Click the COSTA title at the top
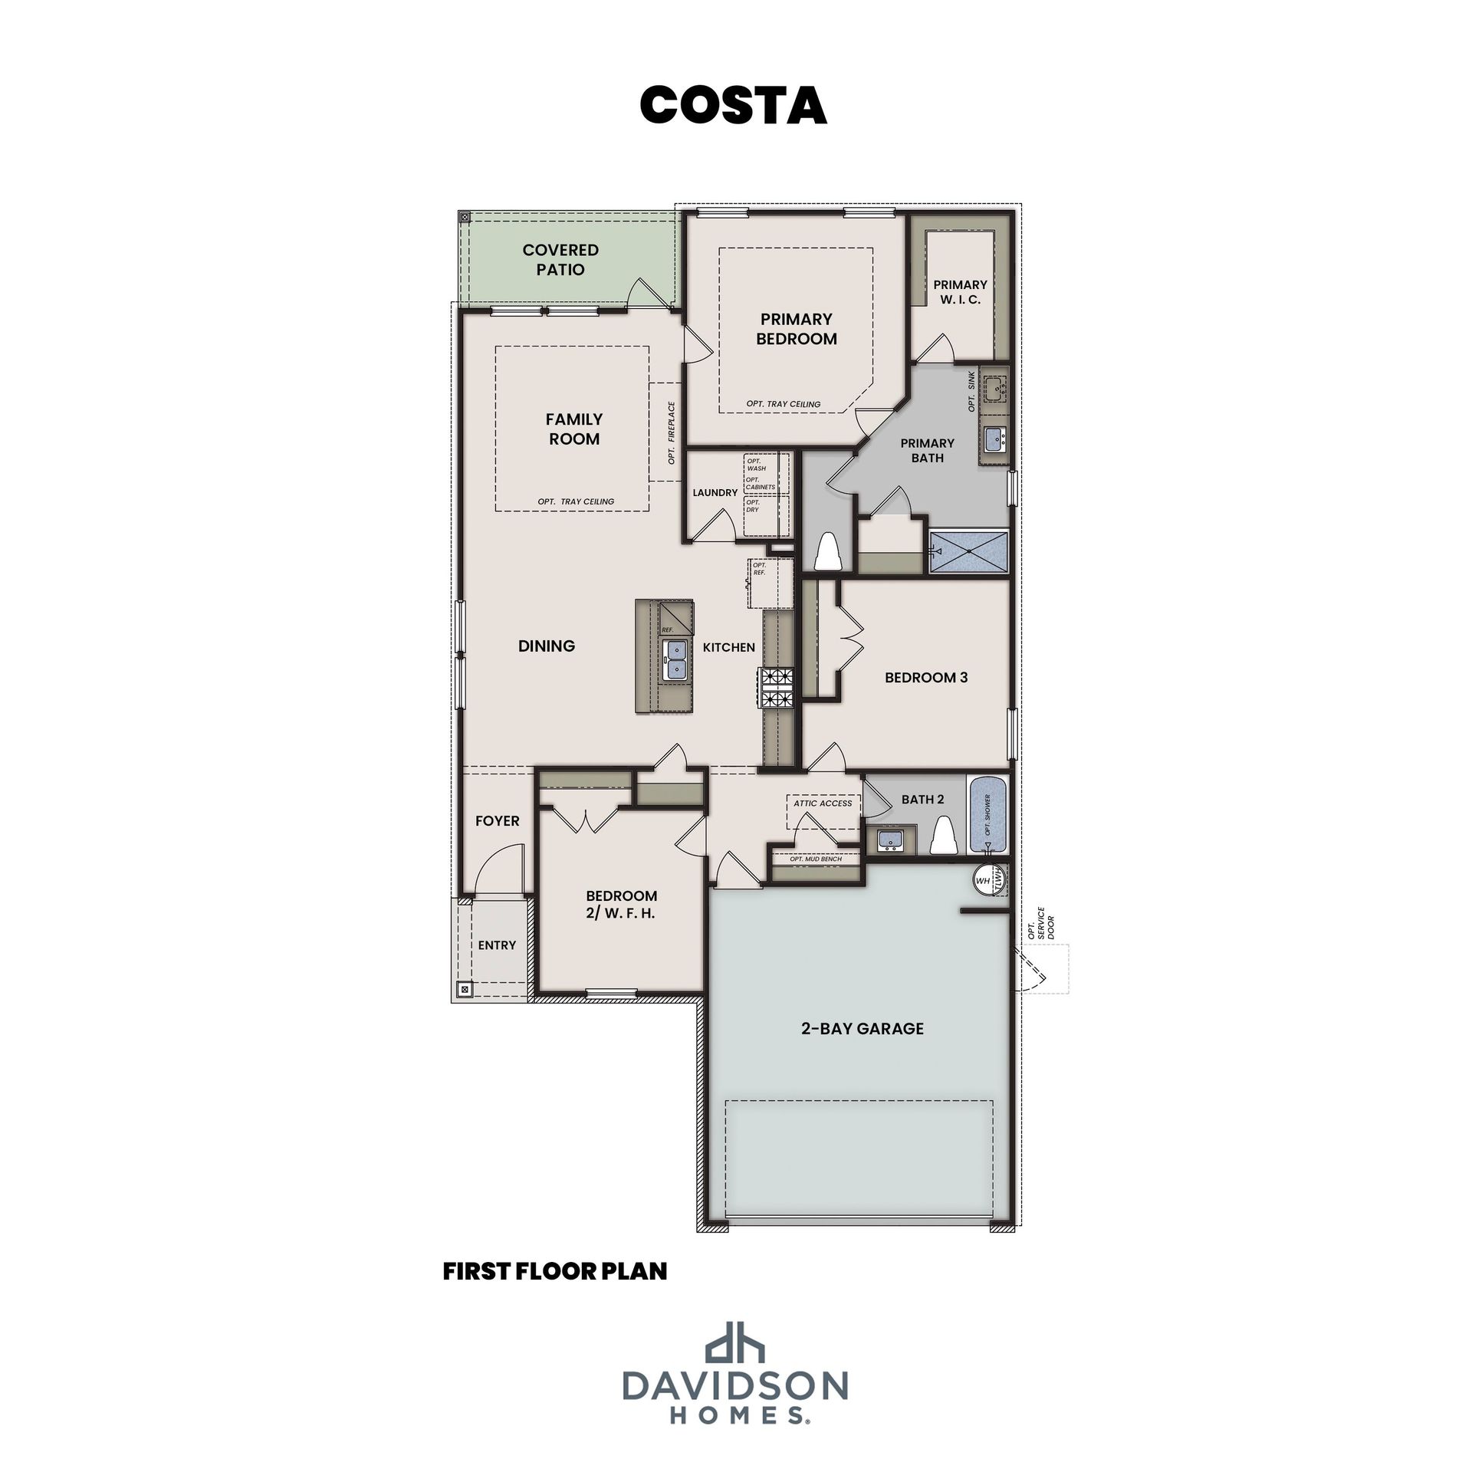(733, 104)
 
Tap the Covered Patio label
(560, 259)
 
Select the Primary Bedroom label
(797, 329)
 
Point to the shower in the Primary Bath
(968, 551)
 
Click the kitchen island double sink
(675, 660)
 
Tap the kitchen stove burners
(776, 687)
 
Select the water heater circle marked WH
(984, 880)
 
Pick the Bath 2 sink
(891, 839)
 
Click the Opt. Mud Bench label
(816, 859)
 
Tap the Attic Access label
(823, 803)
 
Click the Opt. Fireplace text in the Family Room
(672, 433)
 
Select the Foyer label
(498, 821)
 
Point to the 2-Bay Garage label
(863, 1029)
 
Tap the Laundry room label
(715, 493)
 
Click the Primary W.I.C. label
(960, 292)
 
